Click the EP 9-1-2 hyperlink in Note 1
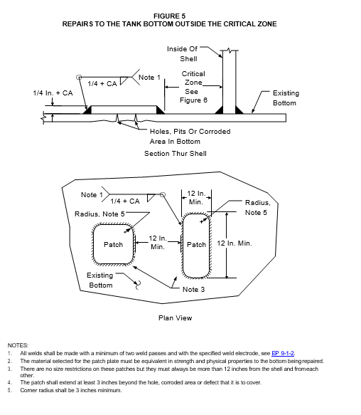pos(283,353)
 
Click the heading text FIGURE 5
pos(169,16)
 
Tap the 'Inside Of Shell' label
pos(183,53)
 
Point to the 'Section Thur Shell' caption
pos(176,154)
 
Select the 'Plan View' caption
pos(176,318)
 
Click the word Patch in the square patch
pos(114,245)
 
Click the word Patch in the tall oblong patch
pos(196,245)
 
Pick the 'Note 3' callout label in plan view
pos(194,289)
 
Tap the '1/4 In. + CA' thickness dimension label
pos(53,93)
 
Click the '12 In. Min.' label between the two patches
pos(158,243)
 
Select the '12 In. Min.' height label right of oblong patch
pos(235,243)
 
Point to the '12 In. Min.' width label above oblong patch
pos(196,198)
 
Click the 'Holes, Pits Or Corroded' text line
pos(190,132)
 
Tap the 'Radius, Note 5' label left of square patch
pos(99,214)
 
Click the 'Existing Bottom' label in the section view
pos(285,98)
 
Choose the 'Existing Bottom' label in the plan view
pos(100,280)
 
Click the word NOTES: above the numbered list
pos(18,345)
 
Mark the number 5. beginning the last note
pos(10,390)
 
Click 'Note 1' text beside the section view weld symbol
pos(149,78)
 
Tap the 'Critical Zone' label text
pos(193,78)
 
